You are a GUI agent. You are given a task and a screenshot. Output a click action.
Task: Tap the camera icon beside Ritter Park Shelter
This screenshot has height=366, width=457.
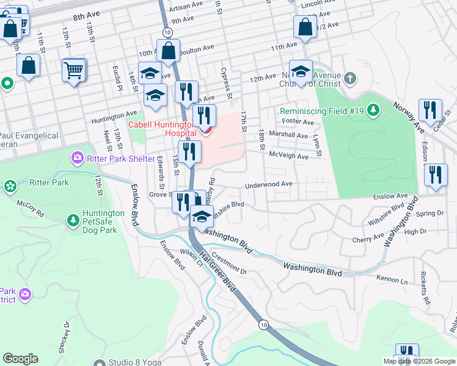coord(77,159)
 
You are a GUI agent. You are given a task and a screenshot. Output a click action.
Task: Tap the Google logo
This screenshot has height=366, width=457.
coord(20,359)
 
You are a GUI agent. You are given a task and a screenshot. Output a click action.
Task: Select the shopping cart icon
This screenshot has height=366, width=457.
coord(74,70)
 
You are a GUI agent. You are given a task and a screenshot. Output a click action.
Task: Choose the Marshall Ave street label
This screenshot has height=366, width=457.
coord(288,135)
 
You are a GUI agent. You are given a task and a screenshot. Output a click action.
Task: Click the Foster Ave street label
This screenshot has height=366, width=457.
coord(298,122)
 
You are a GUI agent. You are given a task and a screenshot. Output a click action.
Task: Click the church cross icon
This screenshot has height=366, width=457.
coord(349,78)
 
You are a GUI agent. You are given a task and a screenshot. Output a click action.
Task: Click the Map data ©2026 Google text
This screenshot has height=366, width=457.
coord(419,361)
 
